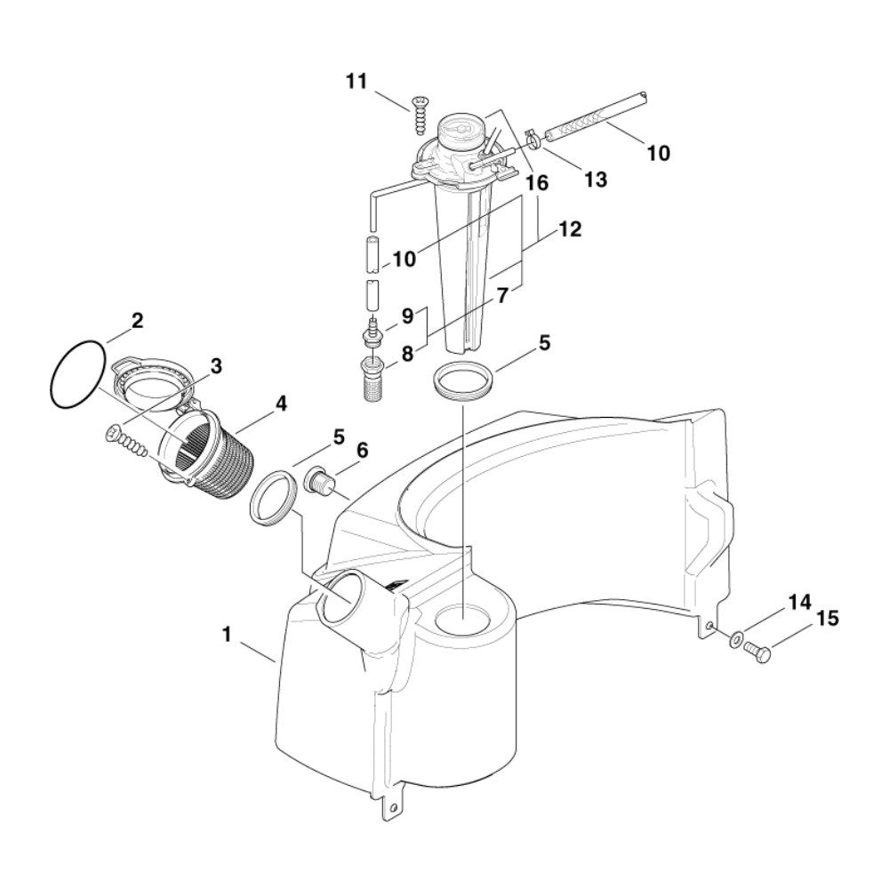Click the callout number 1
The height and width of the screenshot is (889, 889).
227,635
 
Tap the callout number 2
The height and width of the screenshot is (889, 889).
137,321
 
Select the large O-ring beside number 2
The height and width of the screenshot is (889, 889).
77,374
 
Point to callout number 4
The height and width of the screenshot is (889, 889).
281,404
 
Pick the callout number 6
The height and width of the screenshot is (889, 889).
362,450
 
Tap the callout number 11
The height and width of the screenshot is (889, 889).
356,82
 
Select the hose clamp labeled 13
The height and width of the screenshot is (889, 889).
532,137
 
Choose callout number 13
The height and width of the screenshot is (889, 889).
596,180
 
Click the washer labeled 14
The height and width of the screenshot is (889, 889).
735,639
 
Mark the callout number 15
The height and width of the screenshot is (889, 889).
827,618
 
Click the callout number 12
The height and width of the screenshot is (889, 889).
570,229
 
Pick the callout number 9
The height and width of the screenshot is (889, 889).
408,316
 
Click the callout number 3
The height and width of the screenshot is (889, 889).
216,366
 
